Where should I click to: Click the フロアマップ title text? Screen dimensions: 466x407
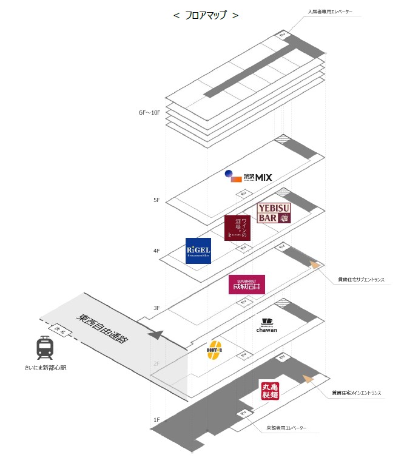(x=206, y=15)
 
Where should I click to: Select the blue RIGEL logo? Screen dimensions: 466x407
(x=198, y=251)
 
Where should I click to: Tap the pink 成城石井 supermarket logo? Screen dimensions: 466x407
(x=247, y=284)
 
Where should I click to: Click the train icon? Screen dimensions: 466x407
(x=44, y=348)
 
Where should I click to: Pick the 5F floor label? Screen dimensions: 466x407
(x=156, y=200)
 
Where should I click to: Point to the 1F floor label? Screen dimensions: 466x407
(x=156, y=420)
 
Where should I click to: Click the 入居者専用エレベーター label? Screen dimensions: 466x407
(x=335, y=12)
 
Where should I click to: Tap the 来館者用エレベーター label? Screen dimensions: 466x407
(x=286, y=428)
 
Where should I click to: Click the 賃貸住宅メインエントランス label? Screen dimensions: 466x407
(x=356, y=393)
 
